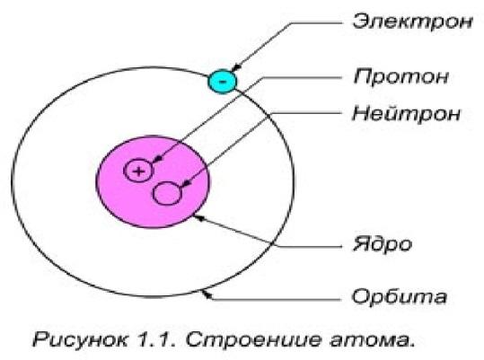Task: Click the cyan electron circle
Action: tap(223, 81)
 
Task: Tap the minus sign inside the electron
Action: tap(223, 82)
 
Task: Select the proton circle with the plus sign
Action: tap(138, 171)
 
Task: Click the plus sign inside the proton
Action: tap(138, 171)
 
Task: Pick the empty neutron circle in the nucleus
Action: tap(167, 193)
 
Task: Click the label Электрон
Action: tap(413, 22)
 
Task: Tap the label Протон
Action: tap(401, 76)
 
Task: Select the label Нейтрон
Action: tap(406, 113)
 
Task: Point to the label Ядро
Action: tap(383, 245)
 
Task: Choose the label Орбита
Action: tap(400, 296)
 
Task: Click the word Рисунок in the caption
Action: tap(80, 339)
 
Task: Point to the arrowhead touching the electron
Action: tap(236, 68)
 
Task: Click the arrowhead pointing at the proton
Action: tap(158, 159)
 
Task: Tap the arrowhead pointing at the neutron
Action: tap(186, 184)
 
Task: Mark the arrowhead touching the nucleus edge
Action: tap(198, 218)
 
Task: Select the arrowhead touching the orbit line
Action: tap(207, 294)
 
